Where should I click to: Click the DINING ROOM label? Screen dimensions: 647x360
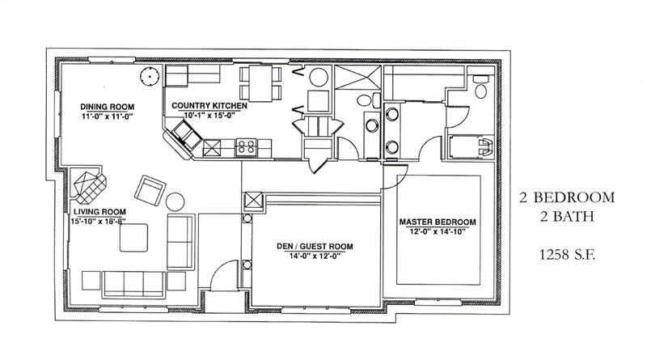pos(108,107)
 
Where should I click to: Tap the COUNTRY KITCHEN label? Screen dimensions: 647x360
pos(209,106)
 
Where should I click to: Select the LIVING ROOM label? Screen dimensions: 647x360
pos(99,212)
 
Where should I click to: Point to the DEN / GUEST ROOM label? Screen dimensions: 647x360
pos(315,247)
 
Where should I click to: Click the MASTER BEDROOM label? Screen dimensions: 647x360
pos(438,222)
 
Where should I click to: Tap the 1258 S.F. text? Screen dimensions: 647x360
pos(568,255)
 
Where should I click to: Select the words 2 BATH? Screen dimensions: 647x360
pos(567,216)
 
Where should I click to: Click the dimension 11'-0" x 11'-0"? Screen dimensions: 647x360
pos(108,116)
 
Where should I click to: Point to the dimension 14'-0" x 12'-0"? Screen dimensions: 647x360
pos(315,256)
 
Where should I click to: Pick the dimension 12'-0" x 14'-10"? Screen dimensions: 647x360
pos(438,231)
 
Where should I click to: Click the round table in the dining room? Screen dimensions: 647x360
pos(150,76)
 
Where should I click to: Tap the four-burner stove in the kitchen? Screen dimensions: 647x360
pos(246,148)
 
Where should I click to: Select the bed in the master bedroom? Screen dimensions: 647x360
pos(438,230)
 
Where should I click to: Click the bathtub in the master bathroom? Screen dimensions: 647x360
pos(471,146)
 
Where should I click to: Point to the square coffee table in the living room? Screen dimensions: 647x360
pos(133,238)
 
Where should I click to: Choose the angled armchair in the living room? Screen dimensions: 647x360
pos(150,190)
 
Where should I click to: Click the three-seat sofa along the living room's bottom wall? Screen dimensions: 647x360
pos(133,285)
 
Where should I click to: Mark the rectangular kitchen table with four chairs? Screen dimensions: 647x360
pos(260,83)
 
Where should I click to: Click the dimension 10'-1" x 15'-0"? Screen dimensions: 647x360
pos(209,115)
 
